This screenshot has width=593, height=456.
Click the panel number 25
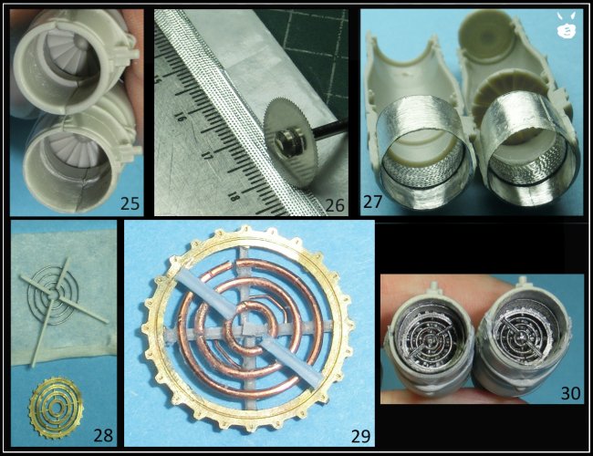tap(130, 203)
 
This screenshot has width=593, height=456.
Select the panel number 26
tap(335, 205)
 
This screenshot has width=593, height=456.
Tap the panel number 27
tap(372, 202)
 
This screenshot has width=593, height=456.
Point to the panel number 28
tap(103, 435)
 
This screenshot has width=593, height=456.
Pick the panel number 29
tap(360, 436)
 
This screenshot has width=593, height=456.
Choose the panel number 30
tap(570, 393)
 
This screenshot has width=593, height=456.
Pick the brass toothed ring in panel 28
tap(56, 409)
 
